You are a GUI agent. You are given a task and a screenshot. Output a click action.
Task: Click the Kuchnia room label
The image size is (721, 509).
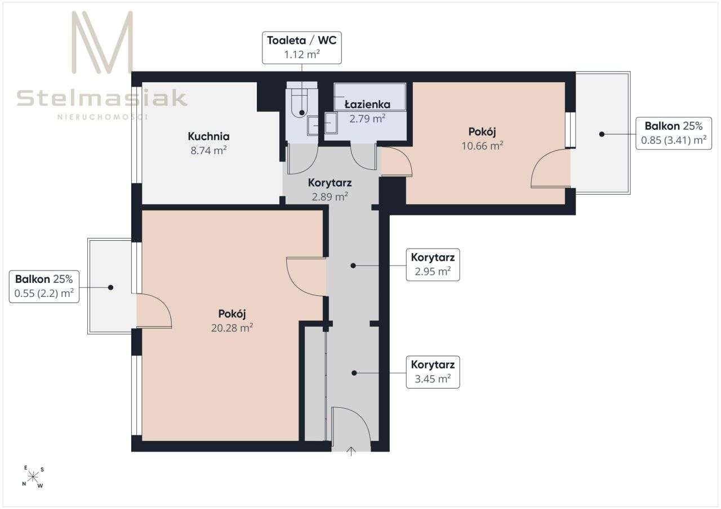click(x=208, y=136)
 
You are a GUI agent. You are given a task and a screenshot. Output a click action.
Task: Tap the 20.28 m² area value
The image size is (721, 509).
click(x=232, y=328)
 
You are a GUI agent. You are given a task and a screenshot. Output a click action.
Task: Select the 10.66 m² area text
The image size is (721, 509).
click(x=483, y=146)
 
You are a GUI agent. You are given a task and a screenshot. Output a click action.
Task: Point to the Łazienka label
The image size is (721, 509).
click(x=367, y=105)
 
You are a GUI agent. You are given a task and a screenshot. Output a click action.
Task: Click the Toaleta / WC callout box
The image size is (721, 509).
click(x=302, y=48)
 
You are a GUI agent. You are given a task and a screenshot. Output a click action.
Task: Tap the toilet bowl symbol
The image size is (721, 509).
click(x=299, y=103)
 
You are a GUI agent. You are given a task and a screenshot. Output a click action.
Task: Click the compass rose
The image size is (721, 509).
click(x=33, y=477)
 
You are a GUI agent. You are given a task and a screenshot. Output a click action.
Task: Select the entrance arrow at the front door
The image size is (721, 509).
click(x=351, y=451)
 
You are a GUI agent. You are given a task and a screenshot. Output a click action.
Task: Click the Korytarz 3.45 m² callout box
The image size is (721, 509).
click(x=433, y=372)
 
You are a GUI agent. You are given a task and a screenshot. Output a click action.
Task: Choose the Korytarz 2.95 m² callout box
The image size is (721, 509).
click(x=433, y=264)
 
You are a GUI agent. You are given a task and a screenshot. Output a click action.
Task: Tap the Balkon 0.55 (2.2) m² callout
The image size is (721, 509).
click(x=44, y=286)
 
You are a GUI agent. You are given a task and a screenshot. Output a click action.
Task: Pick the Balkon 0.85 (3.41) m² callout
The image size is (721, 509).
click(x=674, y=133)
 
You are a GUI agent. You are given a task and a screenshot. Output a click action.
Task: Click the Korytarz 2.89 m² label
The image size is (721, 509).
click(x=330, y=190)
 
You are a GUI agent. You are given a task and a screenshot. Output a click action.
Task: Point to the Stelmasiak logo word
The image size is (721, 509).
click(x=102, y=98)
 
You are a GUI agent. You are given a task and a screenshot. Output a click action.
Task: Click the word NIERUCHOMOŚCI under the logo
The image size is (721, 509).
click(x=103, y=116)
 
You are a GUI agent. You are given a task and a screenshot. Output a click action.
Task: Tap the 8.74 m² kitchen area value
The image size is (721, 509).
click(x=208, y=150)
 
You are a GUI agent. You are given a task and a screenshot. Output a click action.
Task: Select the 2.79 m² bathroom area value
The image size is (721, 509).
click(x=368, y=119)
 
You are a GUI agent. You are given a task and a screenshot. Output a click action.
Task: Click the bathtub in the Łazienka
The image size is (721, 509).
click(x=370, y=97)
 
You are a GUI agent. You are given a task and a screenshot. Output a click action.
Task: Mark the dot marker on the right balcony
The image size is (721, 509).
click(x=602, y=134)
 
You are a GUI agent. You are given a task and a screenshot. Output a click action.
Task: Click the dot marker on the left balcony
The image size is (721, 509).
click(x=111, y=287)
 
